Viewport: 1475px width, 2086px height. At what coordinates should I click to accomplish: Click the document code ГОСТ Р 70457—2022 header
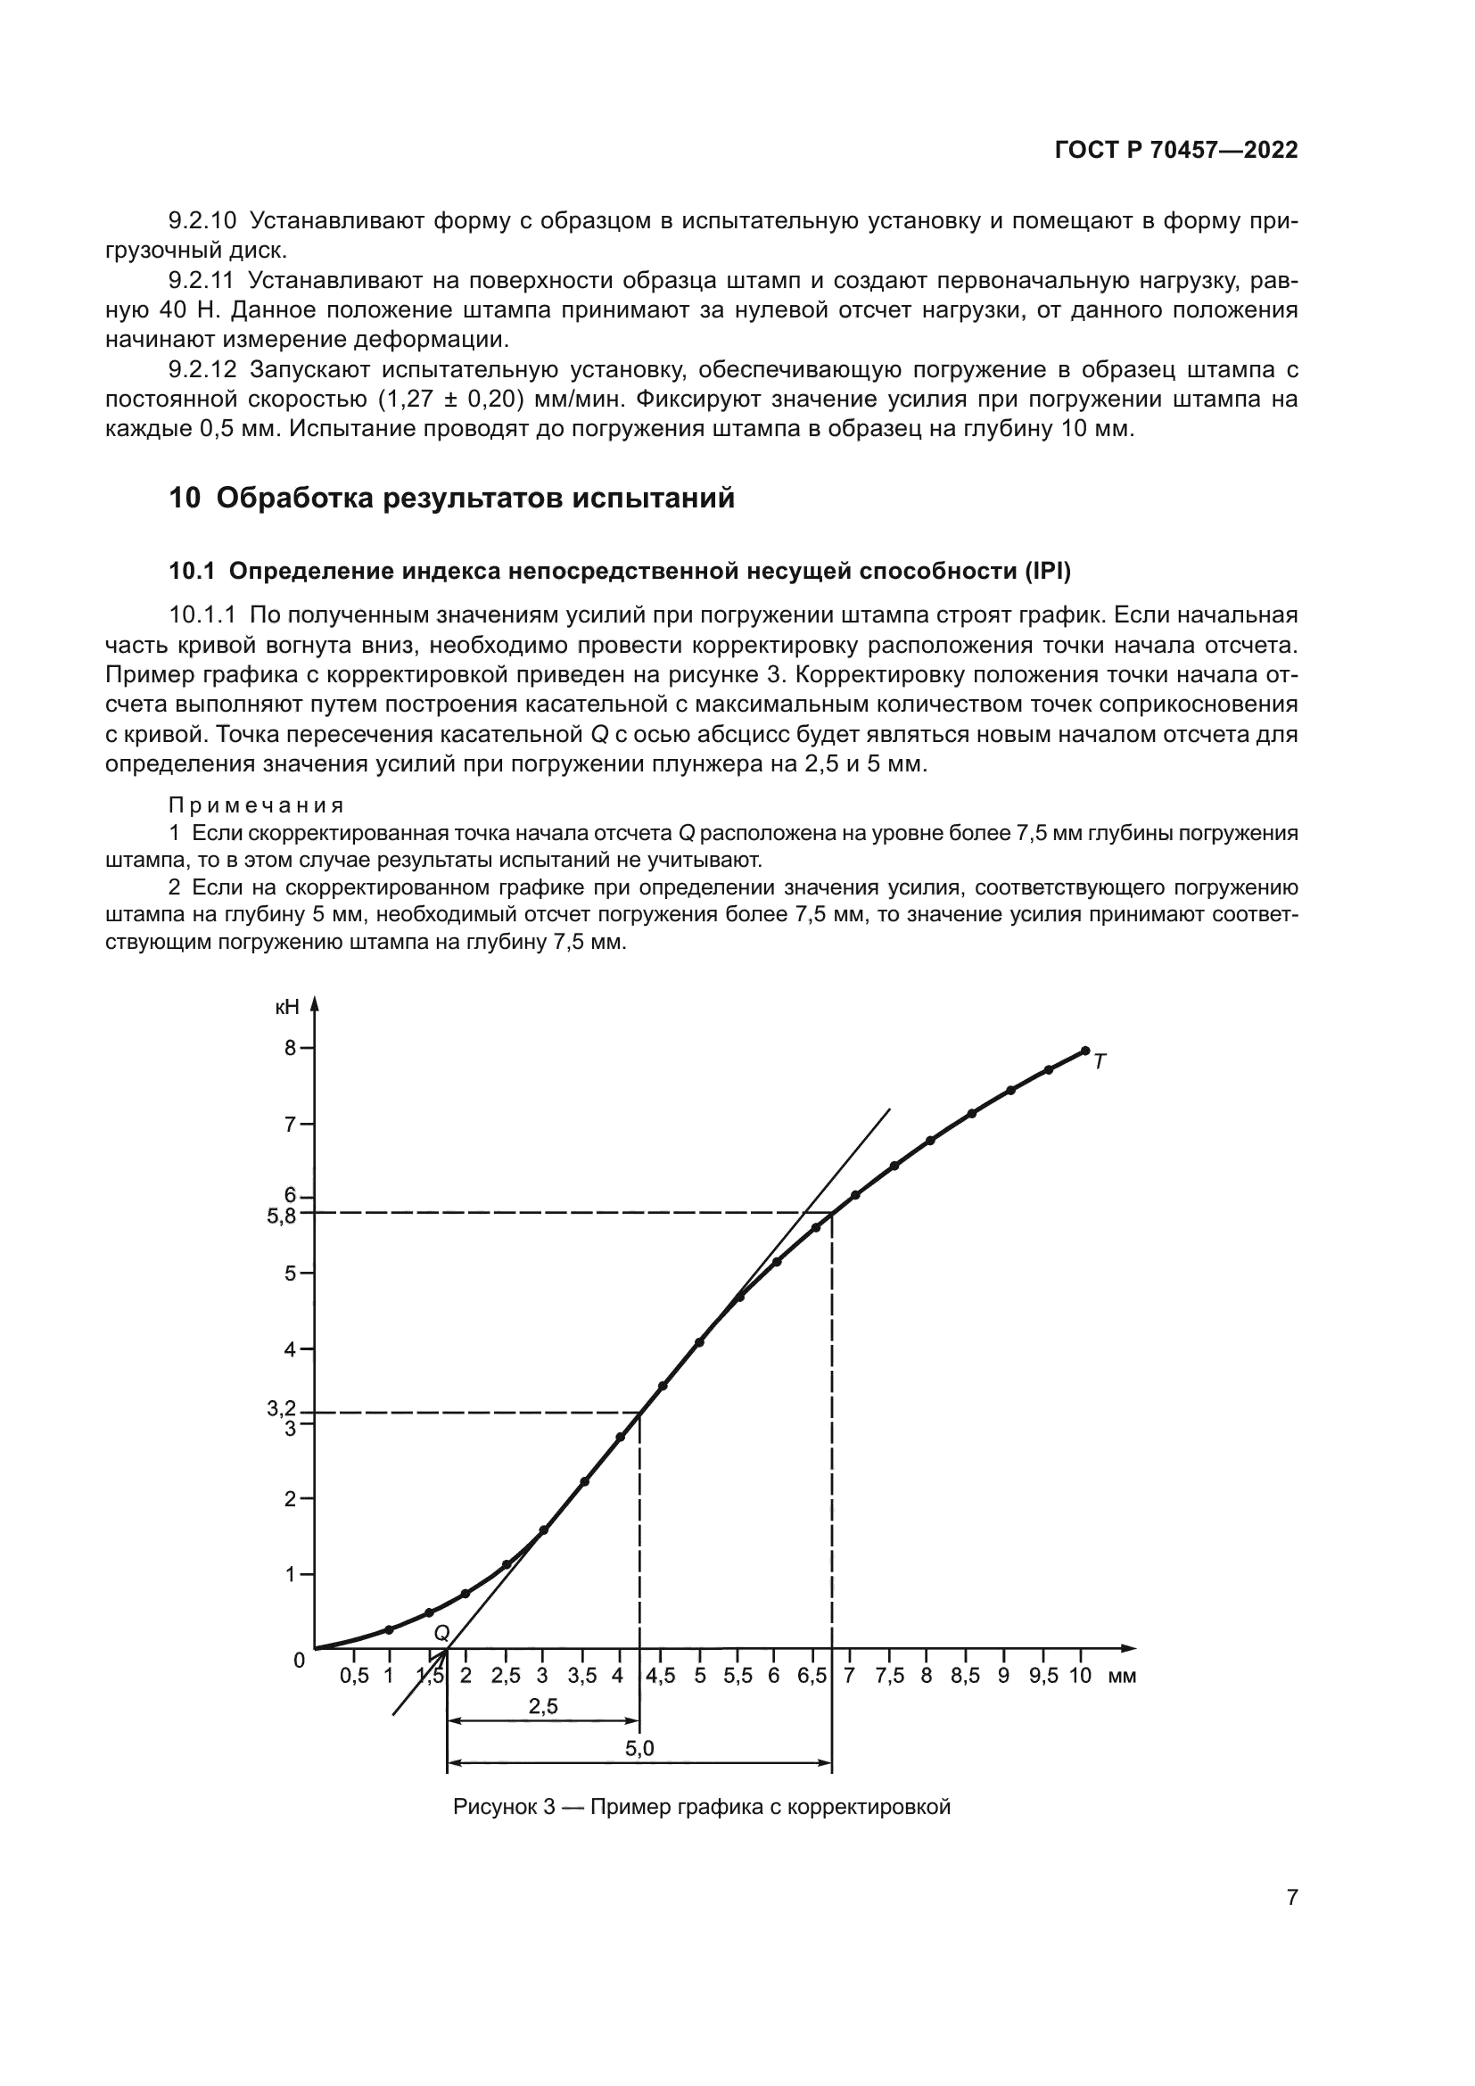tap(1175, 151)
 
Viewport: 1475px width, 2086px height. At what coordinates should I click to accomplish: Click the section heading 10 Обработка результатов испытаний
tap(451, 498)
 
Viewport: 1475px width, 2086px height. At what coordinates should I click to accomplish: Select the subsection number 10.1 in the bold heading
tap(192, 572)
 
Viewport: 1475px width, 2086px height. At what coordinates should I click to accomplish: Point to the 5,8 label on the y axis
tap(281, 1216)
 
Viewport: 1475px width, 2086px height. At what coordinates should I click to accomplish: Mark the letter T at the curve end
tap(1100, 1061)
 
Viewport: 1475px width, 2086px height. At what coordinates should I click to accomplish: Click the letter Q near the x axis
tap(441, 1633)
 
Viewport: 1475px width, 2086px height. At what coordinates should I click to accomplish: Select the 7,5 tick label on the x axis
tap(890, 1677)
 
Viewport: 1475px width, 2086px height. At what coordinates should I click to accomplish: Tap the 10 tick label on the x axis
tap(1080, 1676)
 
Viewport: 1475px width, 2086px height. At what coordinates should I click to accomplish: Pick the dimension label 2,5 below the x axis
tap(543, 1706)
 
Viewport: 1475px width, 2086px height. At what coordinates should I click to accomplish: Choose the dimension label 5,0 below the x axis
tap(639, 1749)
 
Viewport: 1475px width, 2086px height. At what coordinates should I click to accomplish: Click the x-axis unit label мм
tap(1123, 1677)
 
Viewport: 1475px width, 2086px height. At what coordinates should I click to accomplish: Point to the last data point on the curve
tap(1085, 1051)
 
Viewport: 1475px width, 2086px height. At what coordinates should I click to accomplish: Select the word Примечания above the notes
tap(257, 805)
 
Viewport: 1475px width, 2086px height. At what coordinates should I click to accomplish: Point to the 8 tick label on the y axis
tap(291, 1048)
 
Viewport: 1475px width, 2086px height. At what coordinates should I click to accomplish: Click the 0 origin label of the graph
tap(299, 1661)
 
